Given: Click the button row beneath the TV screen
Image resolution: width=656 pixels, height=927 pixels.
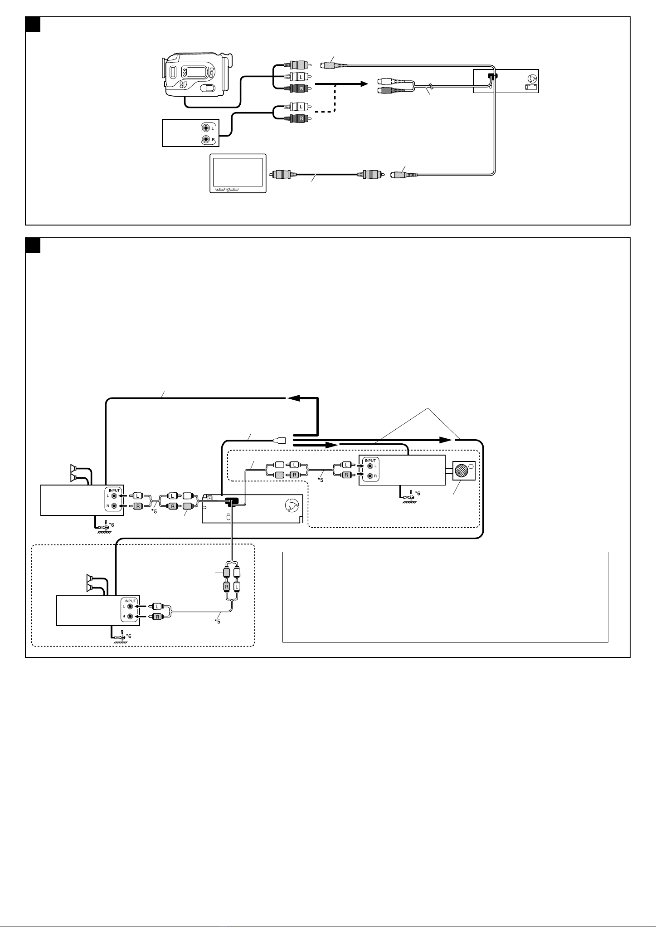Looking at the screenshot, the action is pyautogui.click(x=227, y=188).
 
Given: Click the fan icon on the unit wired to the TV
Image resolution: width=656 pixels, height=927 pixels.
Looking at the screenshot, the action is pyautogui.click(x=533, y=78).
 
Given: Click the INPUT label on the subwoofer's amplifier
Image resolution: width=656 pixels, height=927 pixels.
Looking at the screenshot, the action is pyautogui.click(x=370, y=461).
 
